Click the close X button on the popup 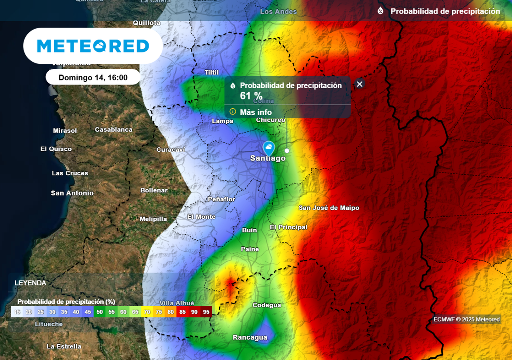pyautogui.click(x=359, y=84)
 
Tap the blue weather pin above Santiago pyautogui.click(x=269, y=148)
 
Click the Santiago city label pyautogui.click(x=268, y=158)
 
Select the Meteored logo pyautogui.click(x=93, y=46)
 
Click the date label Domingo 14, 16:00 pyautogui.click(x=93, y=77)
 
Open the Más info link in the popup pyautogui.click(x=255, y=112)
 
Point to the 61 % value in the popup pyautogui.click(x=251, y=96)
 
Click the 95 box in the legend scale pyautogui.click(x=206, y=312)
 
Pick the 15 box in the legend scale pyautogui.click(x=17, y=312)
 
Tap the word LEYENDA pyautogui.click(x=30, y=283)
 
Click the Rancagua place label pyautogui.click(x=250, y=337)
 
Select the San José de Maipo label pyautogui.click(x=329, y=208)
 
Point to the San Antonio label pyautogui.click(x=72, y=193)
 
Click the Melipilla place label pyautogui.click(x=153, y=219)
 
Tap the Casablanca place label pyautogui.click(x=114, y=130)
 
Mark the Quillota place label pyautogui.click(x=147, y=23)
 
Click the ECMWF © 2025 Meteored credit pyautogui.click(x=466, y=320)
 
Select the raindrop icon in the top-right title pyautogui.click(x=381, y=11)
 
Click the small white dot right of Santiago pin pyautogui.click(x=287, y=150)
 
